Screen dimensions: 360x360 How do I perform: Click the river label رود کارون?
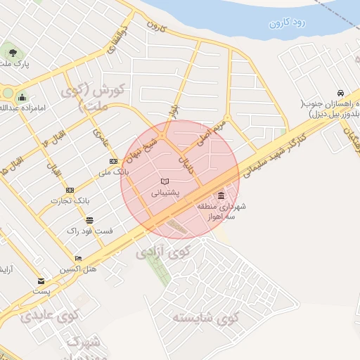coord(288,23)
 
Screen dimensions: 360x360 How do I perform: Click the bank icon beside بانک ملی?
coord(113,161)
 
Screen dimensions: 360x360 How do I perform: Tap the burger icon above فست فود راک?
coord(89,219)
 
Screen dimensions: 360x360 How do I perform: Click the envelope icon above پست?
coord(41,281)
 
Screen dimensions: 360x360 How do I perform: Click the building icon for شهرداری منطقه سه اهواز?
coord(221,195)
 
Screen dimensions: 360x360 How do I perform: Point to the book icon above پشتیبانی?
coord(165,181)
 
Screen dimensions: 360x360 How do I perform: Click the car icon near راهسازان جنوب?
coord(340,94)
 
